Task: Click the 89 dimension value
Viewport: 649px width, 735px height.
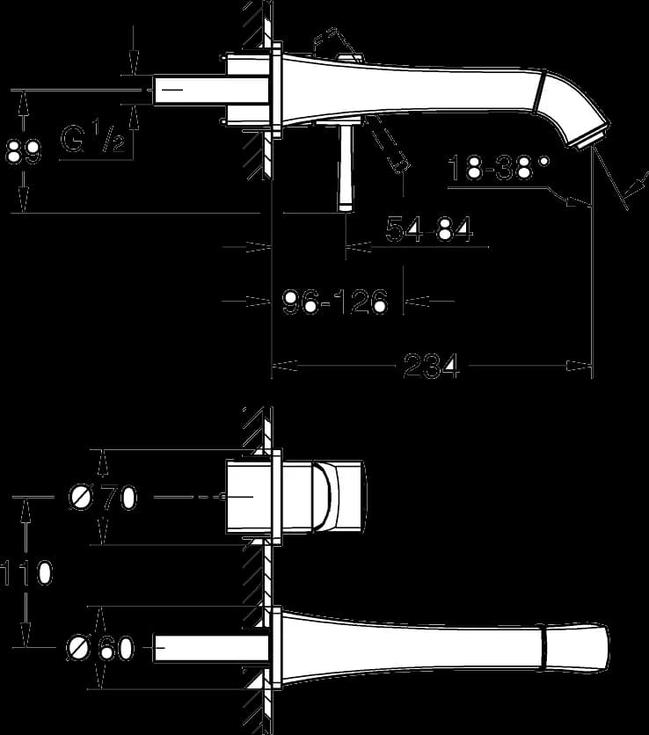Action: pyautogui.click(x=23, y=151)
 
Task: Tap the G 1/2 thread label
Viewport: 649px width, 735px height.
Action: pyautogui.click(x=93, y=137)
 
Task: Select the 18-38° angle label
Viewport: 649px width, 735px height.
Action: pyautogui.click(x=498, y=167)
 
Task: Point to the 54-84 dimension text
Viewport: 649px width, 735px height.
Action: pyautogui.click(x=429, y=229)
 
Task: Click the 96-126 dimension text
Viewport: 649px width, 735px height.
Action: pyautogui.click(x=335, y=301)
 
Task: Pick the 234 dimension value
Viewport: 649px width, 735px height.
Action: pyautogui.click(x=431, y=366)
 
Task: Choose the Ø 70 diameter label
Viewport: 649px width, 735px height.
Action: pyautogui.click(x=103, y=497)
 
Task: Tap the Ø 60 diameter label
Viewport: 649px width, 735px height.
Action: pyautogui.click(x=101, y=648)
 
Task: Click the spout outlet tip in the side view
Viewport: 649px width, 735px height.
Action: pyautogui.click(x=592, y=140)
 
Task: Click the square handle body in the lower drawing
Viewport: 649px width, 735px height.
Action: pyautogui.click(x=295, y=497)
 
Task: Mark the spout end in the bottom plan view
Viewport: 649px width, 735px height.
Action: pyautogui.click(x=576, y=647)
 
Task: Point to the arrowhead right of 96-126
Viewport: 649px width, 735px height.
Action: pyautogui.click(x=417, y=302)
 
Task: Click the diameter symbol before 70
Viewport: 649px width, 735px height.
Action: pyautogui.click(x=81, y=497)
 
